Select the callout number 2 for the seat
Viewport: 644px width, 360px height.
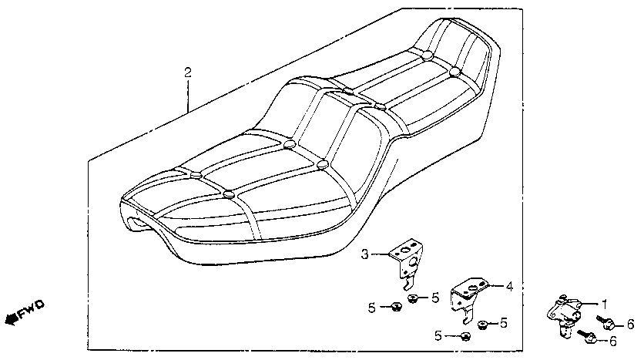point(187,72)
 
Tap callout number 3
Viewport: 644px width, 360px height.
point(366,253)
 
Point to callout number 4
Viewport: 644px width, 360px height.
point(509,286)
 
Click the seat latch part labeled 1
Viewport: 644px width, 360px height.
point(566,315)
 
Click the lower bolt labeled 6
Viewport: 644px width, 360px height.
point(590,338)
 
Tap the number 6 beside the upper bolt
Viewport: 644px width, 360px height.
point(630,323)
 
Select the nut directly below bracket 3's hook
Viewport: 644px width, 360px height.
point(414,299)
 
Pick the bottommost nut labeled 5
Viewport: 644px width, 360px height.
point(465,336)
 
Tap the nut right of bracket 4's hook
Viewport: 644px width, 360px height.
point(483,324)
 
